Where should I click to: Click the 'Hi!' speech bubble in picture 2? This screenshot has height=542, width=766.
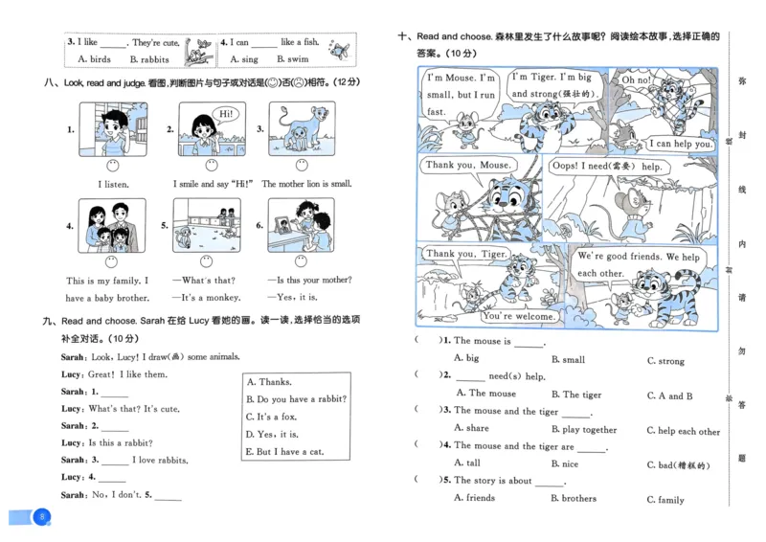[x=226, y=114]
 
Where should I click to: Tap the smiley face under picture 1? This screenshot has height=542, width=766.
[x=112, y=165]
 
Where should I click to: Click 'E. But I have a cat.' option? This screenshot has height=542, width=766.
[x=286, y=451]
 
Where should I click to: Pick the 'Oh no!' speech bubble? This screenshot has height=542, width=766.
[x=637, y=80]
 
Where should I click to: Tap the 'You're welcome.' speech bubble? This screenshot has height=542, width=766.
[x=518, y=316]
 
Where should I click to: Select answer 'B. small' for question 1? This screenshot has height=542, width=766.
[x=568, y=360]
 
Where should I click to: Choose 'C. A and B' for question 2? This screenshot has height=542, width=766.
[x=669, y=395]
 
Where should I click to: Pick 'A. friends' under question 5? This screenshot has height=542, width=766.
[x=474, y=498]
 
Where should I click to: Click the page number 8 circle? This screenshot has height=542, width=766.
[x=41, y=518]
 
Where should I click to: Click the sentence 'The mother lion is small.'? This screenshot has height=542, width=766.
[x=306, y=184]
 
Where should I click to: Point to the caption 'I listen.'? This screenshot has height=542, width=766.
[x=113, y=184]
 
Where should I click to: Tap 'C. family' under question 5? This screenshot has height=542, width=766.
[x=665, y=499]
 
